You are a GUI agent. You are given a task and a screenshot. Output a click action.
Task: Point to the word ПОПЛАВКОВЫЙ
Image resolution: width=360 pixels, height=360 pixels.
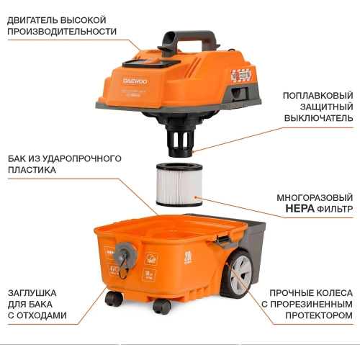(317, 94)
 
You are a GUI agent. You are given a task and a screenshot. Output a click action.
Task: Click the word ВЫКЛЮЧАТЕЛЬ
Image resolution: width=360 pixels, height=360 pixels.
(318, 118)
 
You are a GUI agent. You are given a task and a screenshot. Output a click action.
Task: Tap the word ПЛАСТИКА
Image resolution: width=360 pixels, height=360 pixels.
(33, 171)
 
